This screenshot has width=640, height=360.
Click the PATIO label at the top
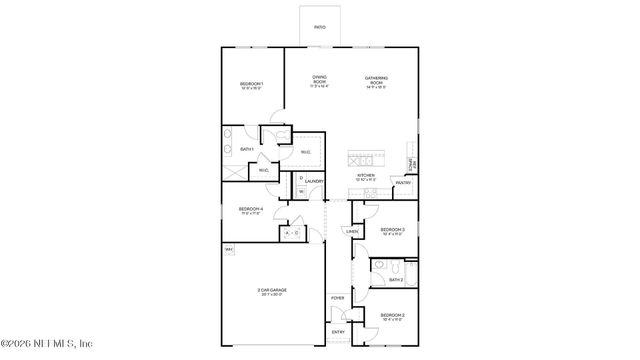[319, 27]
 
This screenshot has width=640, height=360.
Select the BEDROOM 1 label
[250, 83]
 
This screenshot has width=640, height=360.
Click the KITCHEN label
[366, 176]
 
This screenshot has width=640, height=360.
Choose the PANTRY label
[403, 183]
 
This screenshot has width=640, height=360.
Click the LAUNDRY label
[314, 182]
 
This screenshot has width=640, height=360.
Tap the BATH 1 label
[246, 149]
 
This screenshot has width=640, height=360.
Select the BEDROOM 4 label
[250, 210]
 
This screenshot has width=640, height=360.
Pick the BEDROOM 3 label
[391, 230]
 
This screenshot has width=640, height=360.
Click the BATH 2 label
[396, 280]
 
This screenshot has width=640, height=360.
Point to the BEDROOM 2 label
[391, 316]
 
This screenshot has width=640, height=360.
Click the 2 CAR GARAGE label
[271, 291]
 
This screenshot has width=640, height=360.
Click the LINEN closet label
[351, 232]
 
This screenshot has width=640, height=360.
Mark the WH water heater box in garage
[229, 249]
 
